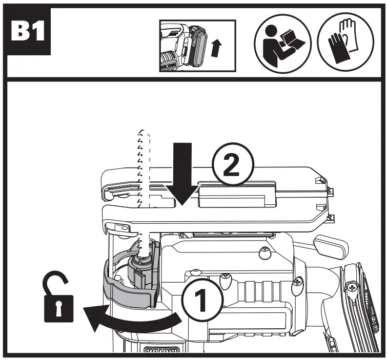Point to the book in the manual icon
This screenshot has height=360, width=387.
tap(292, 48)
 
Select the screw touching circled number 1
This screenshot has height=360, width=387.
tap(224, 280)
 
